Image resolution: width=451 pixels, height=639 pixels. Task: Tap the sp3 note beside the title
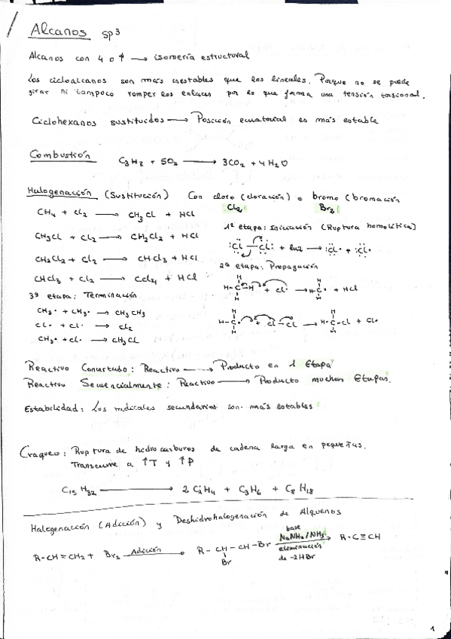tap(112, 34)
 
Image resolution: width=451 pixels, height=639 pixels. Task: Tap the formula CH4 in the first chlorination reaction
tap(46, 213)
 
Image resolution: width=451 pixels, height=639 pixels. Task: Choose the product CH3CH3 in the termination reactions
tap(132, 312)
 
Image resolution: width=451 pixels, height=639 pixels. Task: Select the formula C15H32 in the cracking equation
tap(78, 490)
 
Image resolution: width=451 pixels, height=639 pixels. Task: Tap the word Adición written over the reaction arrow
tap(146, 551)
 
